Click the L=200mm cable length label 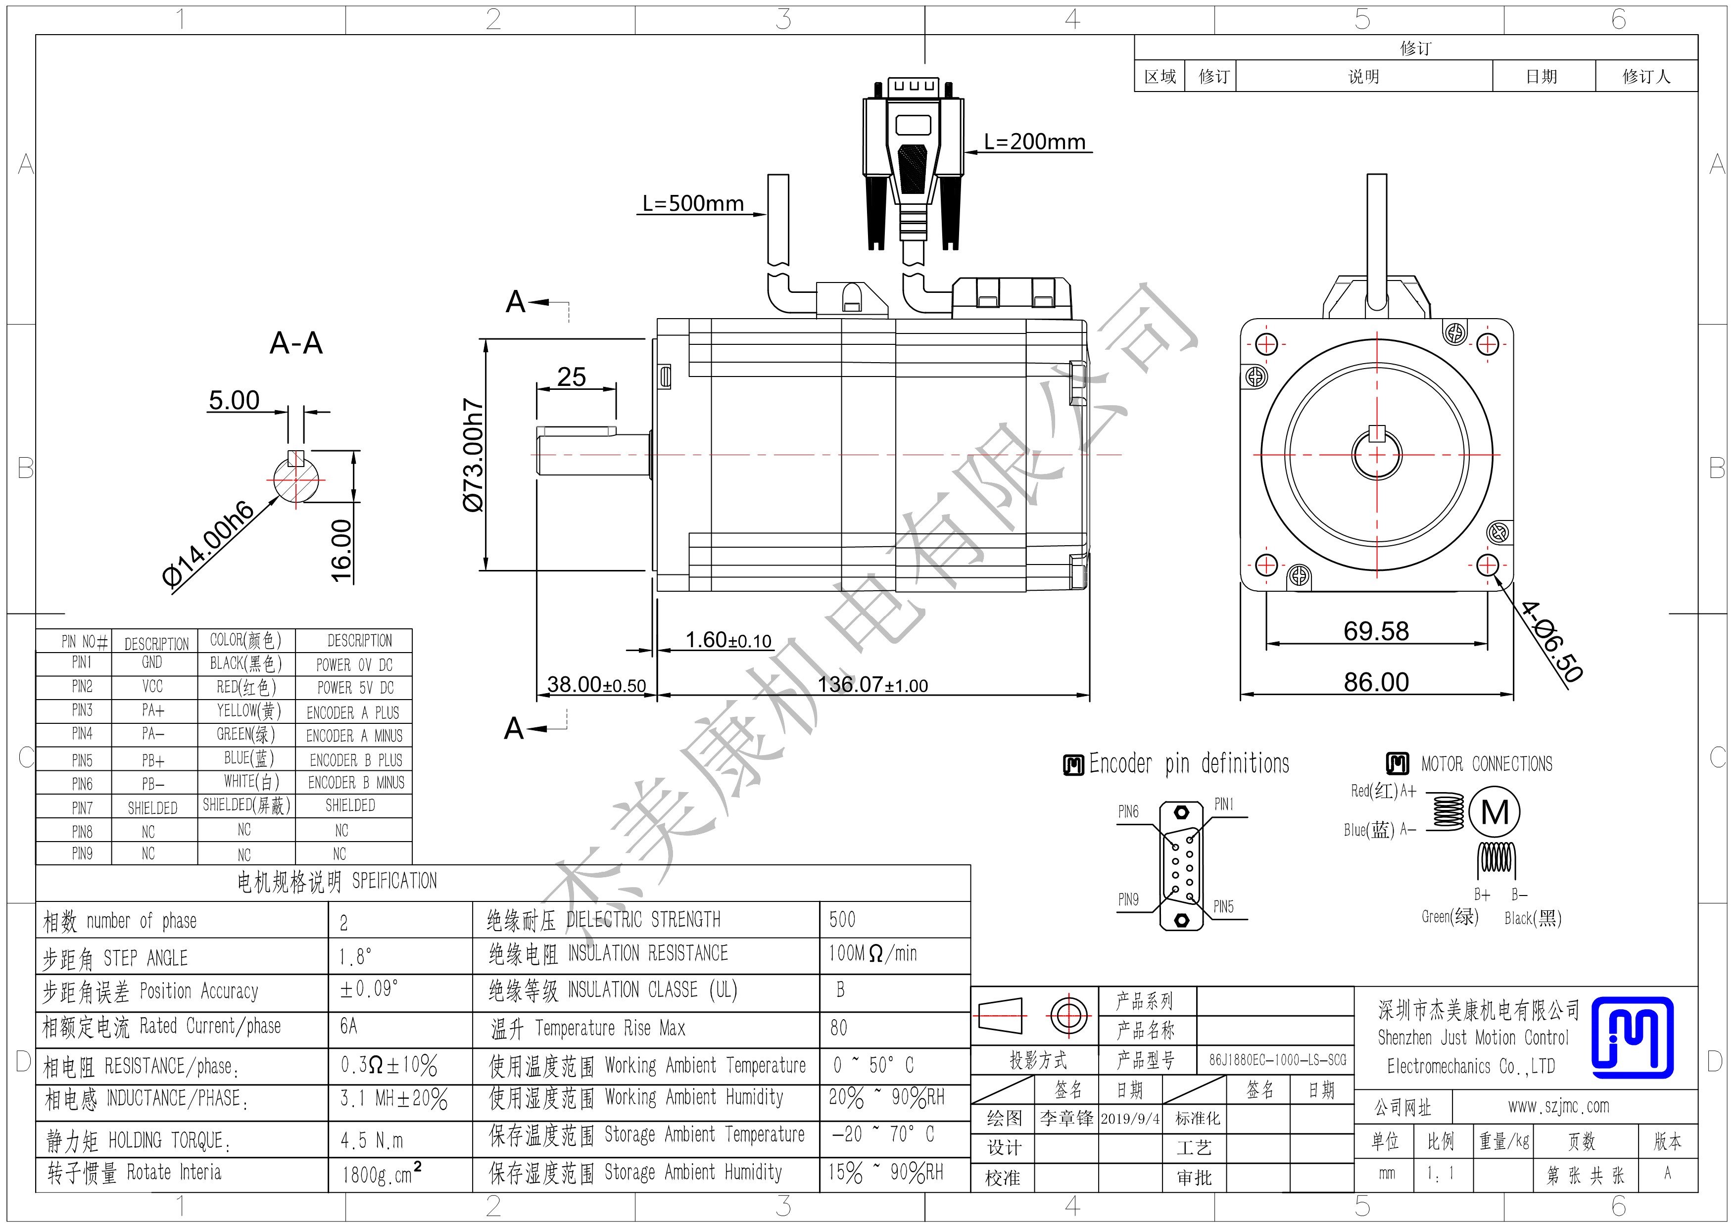click(1034, 142)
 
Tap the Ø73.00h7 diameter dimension click(473, 455)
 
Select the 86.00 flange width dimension click(1376, 682)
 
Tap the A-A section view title click(296, 343)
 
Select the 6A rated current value click(348, 1026)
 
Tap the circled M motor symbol click(1495, 813)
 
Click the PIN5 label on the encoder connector click(1223, 906)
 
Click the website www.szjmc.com click(1558, 1107)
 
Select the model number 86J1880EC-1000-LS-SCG click(1277, 1060)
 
